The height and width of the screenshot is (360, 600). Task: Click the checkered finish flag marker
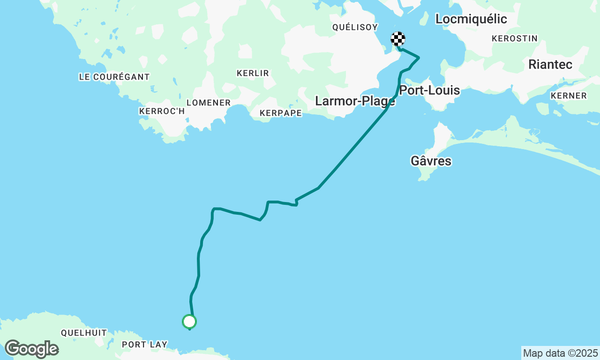coord(398,39)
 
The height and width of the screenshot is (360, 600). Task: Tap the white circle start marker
coord(189,322)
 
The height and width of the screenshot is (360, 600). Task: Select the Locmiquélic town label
coord(471,19)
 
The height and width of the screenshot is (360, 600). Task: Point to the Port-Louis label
coord(429,90)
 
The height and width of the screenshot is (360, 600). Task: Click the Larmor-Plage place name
coord(355,101)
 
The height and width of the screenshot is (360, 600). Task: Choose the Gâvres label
coord(431,161)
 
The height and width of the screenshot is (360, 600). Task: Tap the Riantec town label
coord(550,65)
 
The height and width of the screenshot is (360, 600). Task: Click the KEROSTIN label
coord(515,39)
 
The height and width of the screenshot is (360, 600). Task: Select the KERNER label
coord(569,96)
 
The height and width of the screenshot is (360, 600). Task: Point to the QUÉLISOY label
coord(355,27)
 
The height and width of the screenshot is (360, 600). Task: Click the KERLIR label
coord(253,73)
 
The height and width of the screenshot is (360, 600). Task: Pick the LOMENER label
coord(209,103)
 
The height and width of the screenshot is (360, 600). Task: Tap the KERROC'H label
coord(162,111)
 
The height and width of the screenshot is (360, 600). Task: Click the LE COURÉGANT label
coord(114,77)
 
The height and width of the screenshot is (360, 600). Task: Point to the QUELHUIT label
coord(84,333)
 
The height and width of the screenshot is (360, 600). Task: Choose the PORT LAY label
coord(144,345)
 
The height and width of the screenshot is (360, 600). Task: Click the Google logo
coord(31,349)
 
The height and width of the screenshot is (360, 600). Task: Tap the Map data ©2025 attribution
coord(560,353)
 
